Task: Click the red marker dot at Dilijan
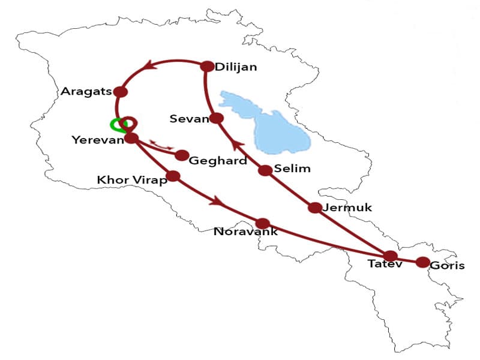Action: [207, 67]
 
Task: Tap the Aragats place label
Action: [86, 92]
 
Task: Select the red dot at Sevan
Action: [217, 118]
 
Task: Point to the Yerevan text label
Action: [97, 140]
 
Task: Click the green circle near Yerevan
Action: [118, 125]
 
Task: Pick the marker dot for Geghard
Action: [182, 155]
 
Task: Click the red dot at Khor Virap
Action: [173, 176]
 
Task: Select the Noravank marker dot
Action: [262, 223]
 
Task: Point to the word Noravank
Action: [245, 232]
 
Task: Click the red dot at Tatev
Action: [391, 256]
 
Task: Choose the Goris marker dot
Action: [422, 262]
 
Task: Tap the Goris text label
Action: [448, 266]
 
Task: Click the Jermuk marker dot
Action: [315, 208]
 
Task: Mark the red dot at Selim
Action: [265, 170]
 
